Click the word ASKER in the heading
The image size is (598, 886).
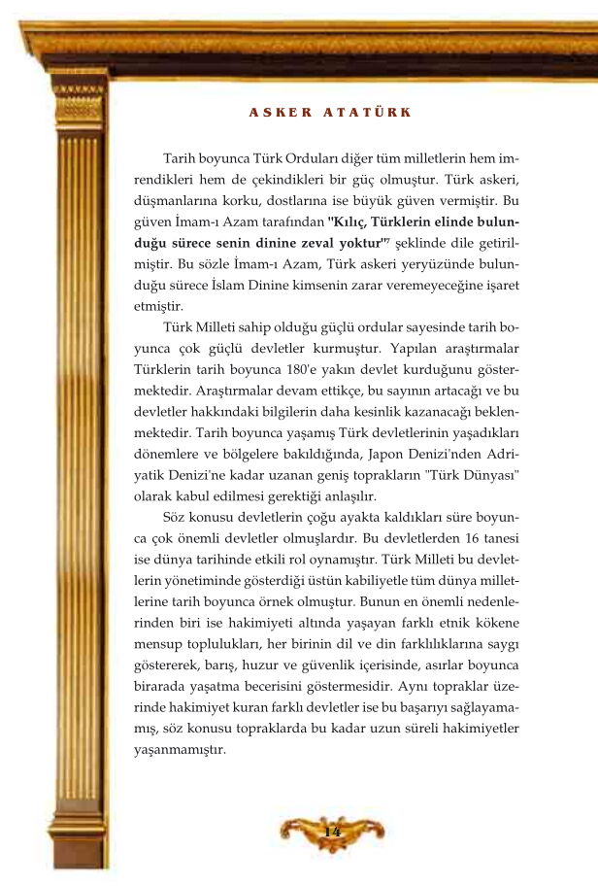(281, 112)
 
